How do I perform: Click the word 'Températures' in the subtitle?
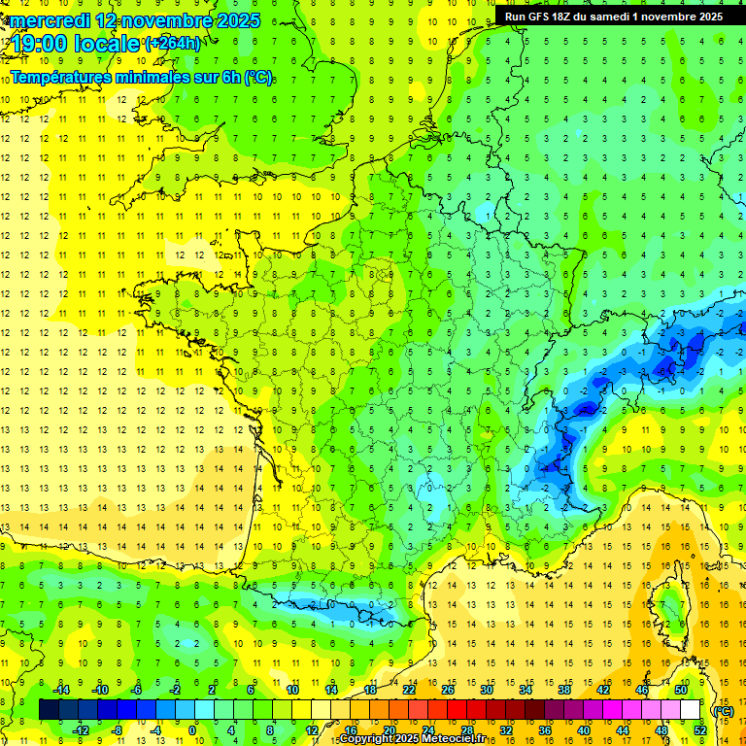click(x=59, y=78)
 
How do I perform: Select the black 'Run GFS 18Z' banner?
click(x=613, y=17)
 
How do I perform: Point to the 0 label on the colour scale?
click(x=192, y=730)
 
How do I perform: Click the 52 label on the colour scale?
click(x=699, y=730)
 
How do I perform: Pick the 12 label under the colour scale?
click(x=311, y=730)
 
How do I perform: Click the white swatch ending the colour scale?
click(x=690, y=710)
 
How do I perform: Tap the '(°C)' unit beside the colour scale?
click(x=723, y=710)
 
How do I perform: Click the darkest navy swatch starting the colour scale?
click(x=49, y=710)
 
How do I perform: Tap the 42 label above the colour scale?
click(x=604, y=689)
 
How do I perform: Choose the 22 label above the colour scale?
click(x=409, y=689)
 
